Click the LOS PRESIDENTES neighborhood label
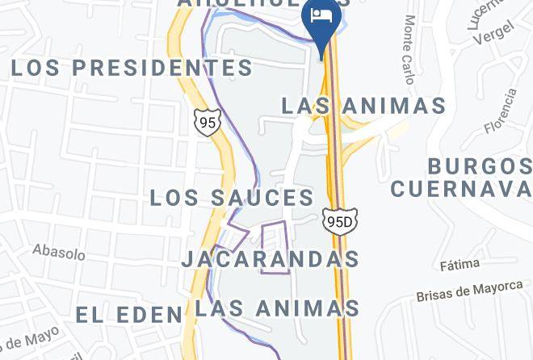(x=132, y=68)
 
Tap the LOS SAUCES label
(x=232, y=198)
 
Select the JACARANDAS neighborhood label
(x=270, y=259)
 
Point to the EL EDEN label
(x=129, y=314)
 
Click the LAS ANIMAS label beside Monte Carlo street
(x=363, y=106)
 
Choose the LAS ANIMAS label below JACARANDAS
(x=277, y=308)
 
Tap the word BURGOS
(x=480, y=167)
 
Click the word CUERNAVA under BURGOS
(x=461, y=189)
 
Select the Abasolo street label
(x=59, y=252)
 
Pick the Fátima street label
(x=460, y=264)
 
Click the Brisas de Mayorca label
(x=470, y=291)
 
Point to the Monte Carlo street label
(x=409, y=48)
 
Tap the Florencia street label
(x=501, y=111)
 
